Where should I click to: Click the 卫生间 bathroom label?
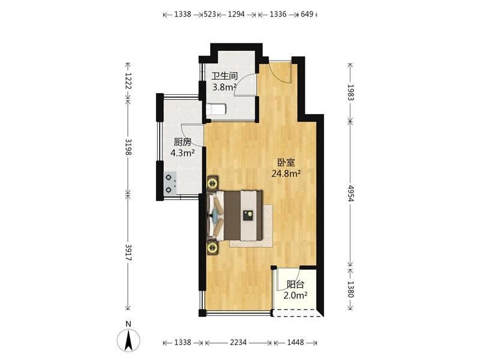point(224,76)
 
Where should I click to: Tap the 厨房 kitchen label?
point(182,142)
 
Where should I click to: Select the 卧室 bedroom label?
point(286,163)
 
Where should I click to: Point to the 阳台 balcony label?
point(295,284)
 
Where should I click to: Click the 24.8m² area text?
point(286,174)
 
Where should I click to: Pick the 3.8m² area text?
point(224,87)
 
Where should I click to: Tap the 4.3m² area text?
point(182,153)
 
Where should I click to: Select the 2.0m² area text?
point(295,296)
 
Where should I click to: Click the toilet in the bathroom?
point(216,109)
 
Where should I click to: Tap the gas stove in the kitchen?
point(169,184)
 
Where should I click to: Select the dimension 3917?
point(128,253)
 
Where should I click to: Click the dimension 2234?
point(238,343)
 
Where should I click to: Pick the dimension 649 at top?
point(307,14)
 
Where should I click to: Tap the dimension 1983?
point(351,92)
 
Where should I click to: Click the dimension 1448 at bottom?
point(295,343)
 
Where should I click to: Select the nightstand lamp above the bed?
point(212,184)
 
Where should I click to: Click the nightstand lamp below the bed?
point(212,247)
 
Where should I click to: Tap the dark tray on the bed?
point(248,215)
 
